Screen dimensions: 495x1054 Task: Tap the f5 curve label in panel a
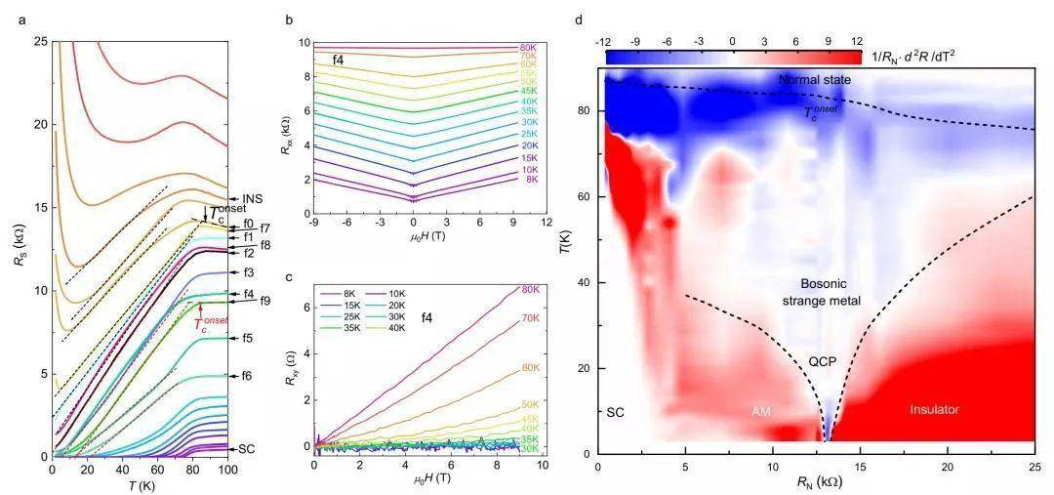pyautogui.click(x=248, y=339)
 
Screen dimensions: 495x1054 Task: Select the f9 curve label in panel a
pyautogui.click(x=265, y=301)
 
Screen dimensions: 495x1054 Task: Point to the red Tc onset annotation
pyautogui.click(x=211, y=325)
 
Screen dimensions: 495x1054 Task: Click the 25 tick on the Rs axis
pyautogui.click(x=39, y=42)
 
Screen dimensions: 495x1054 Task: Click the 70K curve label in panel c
pyautogui.click(x=530, y=318)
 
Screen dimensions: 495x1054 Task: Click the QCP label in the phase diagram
pyautogui.click(x=822, y=361)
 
